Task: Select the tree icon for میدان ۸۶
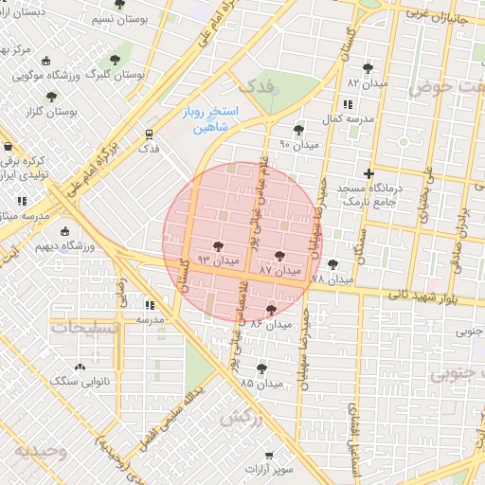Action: coord(272,310)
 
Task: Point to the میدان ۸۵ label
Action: coord(260,384)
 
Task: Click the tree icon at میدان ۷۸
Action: coord(332,264)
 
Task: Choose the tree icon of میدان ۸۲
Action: coord(368,68)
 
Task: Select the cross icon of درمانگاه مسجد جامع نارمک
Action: coord(369,173)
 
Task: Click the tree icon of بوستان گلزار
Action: coord(51,97)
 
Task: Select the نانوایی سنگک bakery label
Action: coord(79,380)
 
